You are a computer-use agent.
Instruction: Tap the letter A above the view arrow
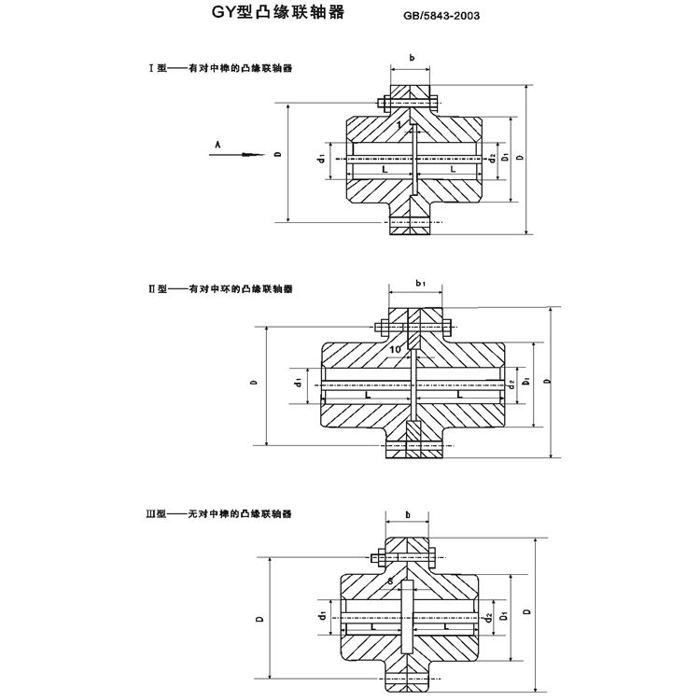click(x=217, y=144)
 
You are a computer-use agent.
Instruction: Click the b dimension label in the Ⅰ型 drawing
click(x=412, y=58)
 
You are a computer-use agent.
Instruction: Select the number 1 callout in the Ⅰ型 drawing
click(x=399, y=124)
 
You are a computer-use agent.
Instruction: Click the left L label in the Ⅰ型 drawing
click(x=382, y=171)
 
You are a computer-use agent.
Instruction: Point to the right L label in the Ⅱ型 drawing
click(x=460, y=396)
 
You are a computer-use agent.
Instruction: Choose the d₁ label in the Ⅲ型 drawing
click(x=322, y=617)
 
